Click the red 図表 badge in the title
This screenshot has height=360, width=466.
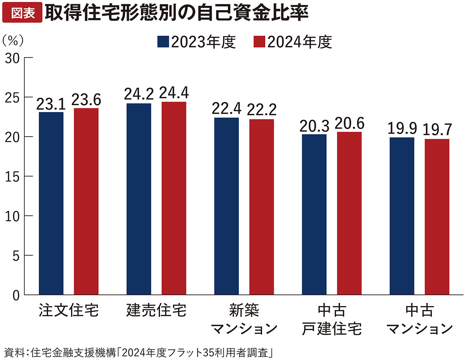click(x=21, y=13)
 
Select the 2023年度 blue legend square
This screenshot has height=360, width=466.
click(x=163, y=42)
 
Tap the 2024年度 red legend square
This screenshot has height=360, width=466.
click(x=259, y=42)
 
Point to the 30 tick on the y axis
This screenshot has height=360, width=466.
click(x=13, y=58)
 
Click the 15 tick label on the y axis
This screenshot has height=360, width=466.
click(x=13, y=177)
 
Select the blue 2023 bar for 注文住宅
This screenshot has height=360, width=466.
click(x=51, y=204)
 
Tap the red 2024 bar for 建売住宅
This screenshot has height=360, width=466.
click(x=174, y=198)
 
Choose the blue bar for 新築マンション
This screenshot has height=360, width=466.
click(x=227, y=206)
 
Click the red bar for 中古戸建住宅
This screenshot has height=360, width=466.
click(x=349, y=213)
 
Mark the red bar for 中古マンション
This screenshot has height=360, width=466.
click(x=437, y=217)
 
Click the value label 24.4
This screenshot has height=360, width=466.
click(x=174, y=93)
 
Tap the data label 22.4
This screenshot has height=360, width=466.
click(x=227, y=109)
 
